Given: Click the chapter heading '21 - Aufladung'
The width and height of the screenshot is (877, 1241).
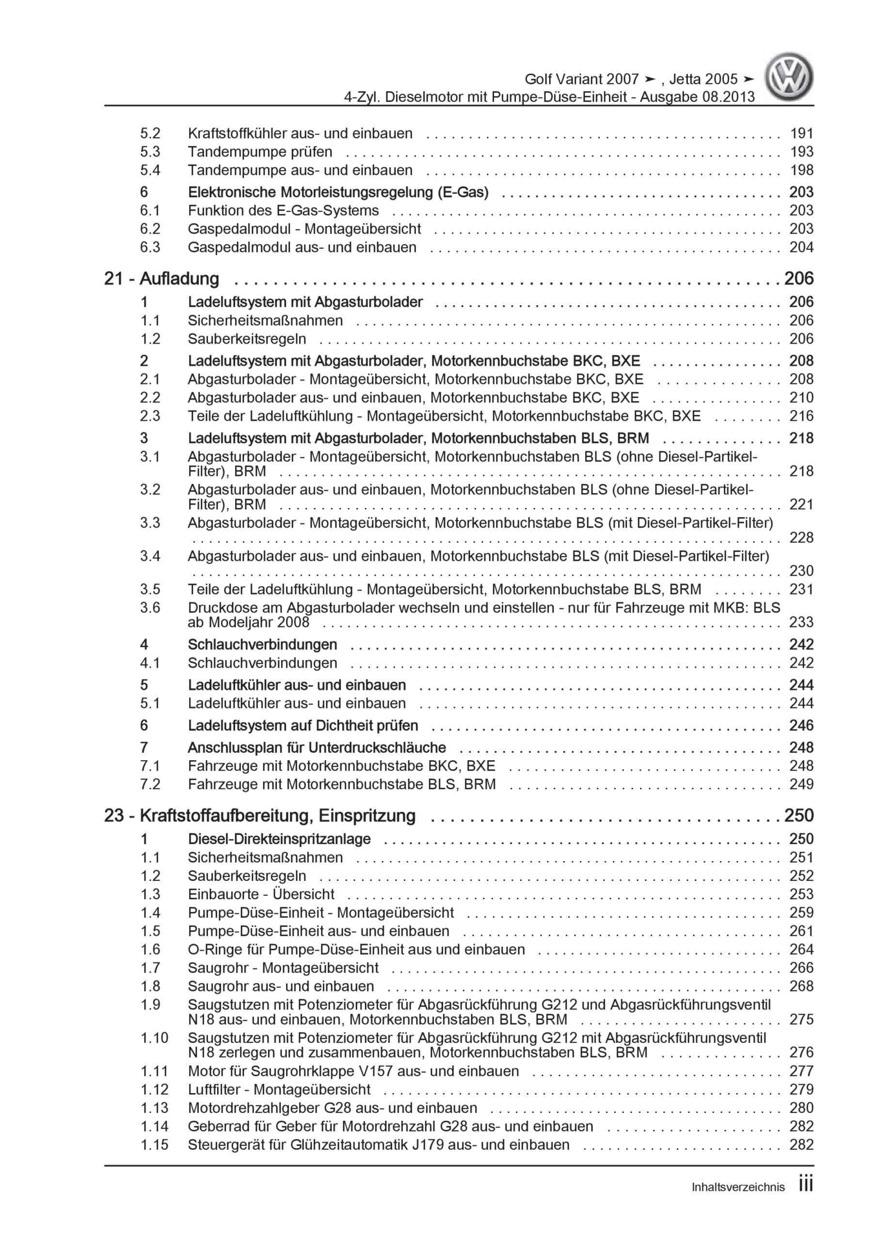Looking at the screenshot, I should tap(161, 278).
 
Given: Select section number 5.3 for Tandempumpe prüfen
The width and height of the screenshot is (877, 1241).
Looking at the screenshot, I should tap(150, 152).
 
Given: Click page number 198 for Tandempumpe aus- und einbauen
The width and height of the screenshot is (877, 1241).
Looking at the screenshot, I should tap(801, 170).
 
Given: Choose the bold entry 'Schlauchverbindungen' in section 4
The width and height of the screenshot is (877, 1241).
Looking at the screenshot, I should tap(262, 644).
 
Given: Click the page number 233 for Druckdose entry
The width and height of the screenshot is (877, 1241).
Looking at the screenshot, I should tap(801, 622).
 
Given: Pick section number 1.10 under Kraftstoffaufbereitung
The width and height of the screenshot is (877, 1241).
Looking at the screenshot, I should tap(155, 1038).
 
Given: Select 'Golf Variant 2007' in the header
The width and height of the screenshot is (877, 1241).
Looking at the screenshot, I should tap(582, 80).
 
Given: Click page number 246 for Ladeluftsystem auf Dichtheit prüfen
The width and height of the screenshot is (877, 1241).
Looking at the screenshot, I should tap(801, 725).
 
